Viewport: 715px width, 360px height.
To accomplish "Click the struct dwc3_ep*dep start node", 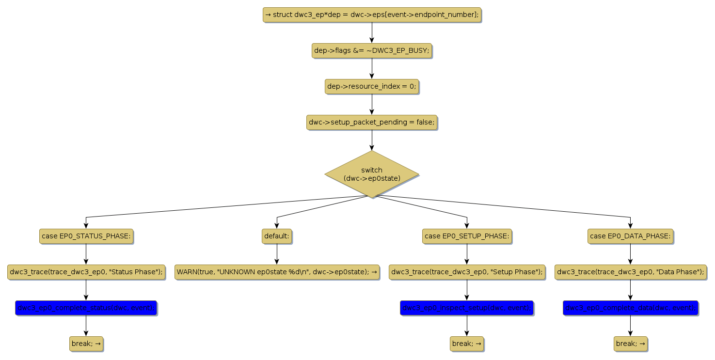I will coord(372,15).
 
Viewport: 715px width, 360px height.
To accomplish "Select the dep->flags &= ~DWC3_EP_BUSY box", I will coord(372,50).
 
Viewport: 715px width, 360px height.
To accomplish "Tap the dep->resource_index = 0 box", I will coord(372,86).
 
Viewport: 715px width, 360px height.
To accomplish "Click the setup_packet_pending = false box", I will coord(372,122).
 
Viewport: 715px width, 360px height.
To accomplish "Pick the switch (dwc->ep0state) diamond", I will coord(372,174).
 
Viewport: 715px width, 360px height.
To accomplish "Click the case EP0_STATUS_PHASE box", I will coord(86,236).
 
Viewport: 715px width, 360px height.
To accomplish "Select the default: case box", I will coord(277,236).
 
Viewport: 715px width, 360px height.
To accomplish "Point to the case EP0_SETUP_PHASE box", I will coord(467,236).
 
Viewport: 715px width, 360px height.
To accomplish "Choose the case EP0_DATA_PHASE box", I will coord(630,236).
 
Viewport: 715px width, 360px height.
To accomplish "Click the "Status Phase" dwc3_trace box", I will coord(86,272).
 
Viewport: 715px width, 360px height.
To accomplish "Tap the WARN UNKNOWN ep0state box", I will coord(277,272).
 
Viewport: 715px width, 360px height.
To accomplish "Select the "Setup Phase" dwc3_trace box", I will coord(467,272).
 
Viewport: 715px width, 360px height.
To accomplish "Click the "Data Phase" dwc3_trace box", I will coord(630,272).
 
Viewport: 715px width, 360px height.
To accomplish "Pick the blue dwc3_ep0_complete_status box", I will coord(86,308).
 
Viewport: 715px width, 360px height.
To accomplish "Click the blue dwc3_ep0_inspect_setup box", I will coord(467,308).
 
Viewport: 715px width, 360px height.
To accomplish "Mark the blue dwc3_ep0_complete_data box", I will coord(630,308).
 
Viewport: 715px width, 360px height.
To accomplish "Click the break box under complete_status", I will coord(86,344).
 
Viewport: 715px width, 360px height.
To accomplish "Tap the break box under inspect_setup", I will coord(467,344).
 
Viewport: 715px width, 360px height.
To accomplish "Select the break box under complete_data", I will coord(630,344).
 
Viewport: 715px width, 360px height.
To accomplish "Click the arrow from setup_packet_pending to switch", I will coord(372,140).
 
